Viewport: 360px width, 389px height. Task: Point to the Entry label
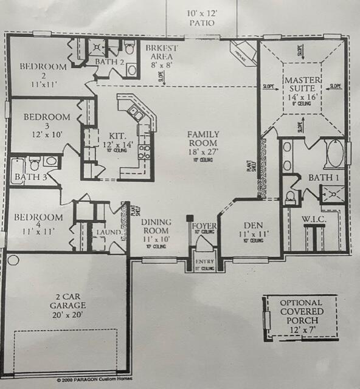coord(201,262)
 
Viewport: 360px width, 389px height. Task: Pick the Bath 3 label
coord(27,177)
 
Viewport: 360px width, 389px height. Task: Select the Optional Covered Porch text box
coord(302,315)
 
